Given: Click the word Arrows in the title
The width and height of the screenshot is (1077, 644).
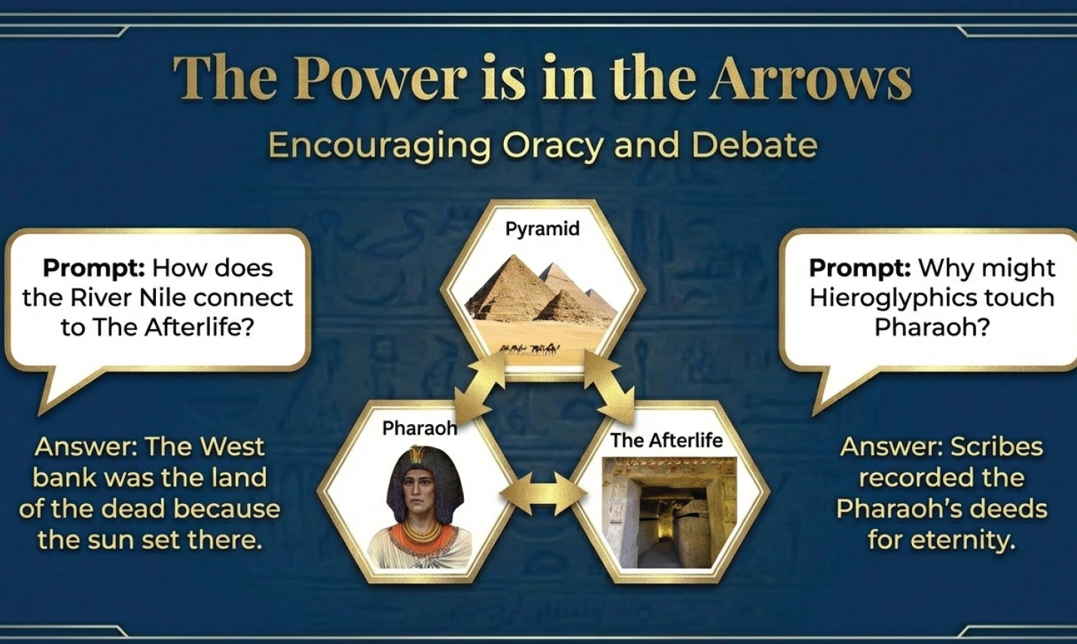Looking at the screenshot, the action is [810, 78].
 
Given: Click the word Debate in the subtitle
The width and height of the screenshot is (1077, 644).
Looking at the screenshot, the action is [755, 145].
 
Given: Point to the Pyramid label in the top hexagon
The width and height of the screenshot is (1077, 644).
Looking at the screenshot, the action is [542, 229].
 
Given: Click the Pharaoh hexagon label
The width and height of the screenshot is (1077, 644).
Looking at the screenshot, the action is [420, 428].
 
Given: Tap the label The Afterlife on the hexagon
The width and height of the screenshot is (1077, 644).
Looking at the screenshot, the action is [667, 440].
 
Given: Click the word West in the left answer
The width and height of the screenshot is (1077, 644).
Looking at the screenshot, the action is [232, 447].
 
